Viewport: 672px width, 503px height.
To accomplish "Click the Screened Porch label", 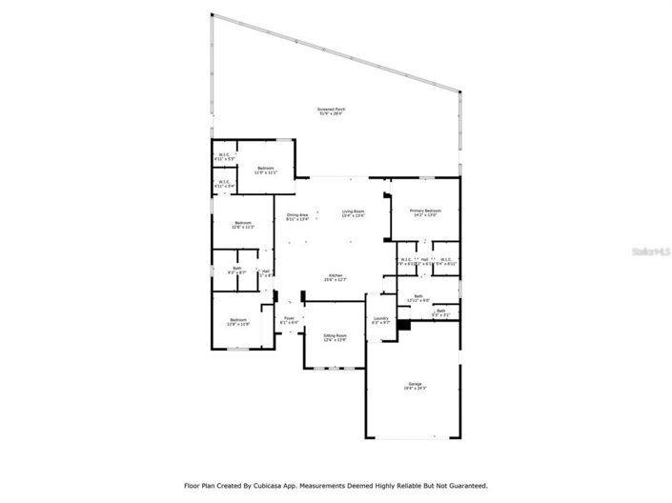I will tap(331, 111).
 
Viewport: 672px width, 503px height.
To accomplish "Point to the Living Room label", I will tap(354, 213).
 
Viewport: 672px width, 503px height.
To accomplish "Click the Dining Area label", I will tap(297, 216).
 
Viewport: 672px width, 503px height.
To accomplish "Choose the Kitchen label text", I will tap(336, 277).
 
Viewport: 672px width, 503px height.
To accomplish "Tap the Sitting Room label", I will tap(335, 337).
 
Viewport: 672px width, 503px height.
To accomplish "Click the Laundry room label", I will tap(379, 320).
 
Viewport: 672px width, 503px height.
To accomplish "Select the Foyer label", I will tap(289, 321).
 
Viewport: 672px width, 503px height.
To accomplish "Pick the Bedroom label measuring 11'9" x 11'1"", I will tap(265, 171).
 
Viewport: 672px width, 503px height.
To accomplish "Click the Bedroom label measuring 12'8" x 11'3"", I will tap(242, 225).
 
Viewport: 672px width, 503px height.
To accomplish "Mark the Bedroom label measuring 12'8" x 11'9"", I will tap(236, 322).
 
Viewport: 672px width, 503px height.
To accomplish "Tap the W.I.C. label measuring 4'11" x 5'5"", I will tap(224, 157).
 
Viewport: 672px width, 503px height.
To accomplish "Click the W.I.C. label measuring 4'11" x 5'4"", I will tap(224, 183).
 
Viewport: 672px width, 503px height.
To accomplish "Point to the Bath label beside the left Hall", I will tap(236, 271).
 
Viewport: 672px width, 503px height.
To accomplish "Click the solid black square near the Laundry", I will tap(404, 325).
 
